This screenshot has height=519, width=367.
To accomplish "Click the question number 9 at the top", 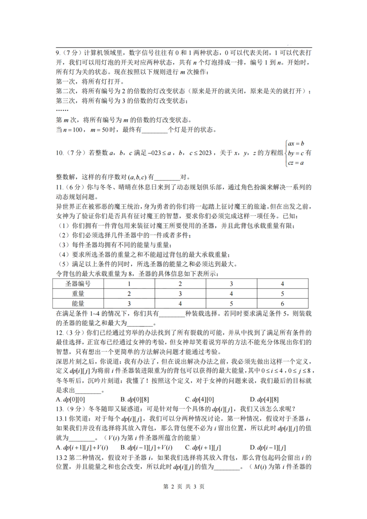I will point(58,53).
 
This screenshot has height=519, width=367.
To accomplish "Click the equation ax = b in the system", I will point(296,144).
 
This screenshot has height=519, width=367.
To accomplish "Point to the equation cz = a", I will point(296,163).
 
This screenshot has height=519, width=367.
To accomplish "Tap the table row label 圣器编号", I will point(78,284).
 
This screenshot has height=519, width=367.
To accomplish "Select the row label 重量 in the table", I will point(78,294).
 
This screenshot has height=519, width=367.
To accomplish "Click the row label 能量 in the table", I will point(78,304).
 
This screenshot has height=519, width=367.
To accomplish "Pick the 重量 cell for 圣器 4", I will point(282,294).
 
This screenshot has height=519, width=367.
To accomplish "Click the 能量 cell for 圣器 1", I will point(129,304).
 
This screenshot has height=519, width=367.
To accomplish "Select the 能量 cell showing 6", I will point(282,304).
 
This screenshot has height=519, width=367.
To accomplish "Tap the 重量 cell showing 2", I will point(129,294).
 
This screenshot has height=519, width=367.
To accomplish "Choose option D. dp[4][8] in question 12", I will point(264,400).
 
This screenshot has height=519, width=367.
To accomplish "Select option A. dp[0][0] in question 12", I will point(70,400).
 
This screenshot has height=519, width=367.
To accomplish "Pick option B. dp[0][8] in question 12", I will point(135,400).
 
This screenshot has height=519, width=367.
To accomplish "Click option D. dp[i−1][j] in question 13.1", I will point(267,448).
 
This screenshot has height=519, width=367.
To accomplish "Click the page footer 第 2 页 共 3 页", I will point(183,487).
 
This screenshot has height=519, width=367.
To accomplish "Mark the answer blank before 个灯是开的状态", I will point(155,130).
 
